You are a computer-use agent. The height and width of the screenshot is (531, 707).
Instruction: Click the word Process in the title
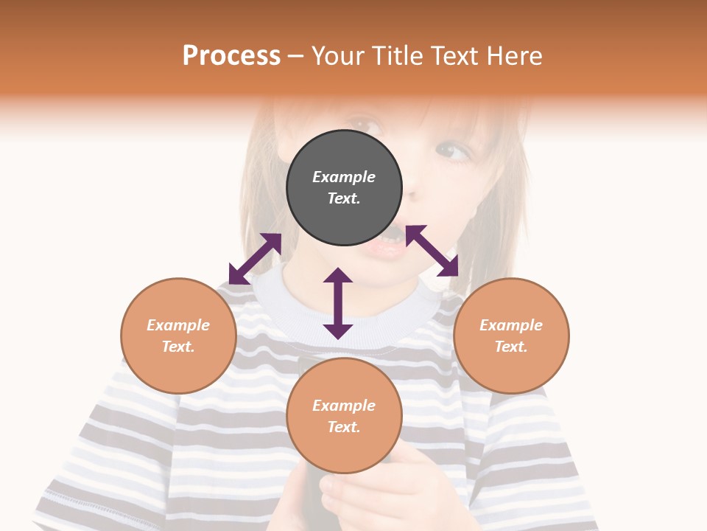tap(231, 56)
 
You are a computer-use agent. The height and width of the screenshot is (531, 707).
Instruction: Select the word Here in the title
tap(516, 56)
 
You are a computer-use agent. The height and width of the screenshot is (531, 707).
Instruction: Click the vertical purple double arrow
tap(338, 303)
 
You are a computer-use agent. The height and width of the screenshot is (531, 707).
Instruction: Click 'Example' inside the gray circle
tap(344, 177)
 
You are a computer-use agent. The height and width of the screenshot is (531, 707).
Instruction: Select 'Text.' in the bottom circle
tap(344, 427)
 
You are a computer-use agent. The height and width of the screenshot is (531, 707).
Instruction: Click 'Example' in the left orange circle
tap(178, 325)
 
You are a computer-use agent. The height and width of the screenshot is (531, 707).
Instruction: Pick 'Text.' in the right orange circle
tap(511, 347)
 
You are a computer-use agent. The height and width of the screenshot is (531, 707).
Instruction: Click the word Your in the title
tap(336, 56)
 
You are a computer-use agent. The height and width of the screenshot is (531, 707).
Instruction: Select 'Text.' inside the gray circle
tap(344, 198)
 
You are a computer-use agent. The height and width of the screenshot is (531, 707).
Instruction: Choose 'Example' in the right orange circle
tap(511, 325)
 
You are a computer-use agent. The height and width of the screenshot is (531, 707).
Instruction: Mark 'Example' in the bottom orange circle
tap(344, 406)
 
